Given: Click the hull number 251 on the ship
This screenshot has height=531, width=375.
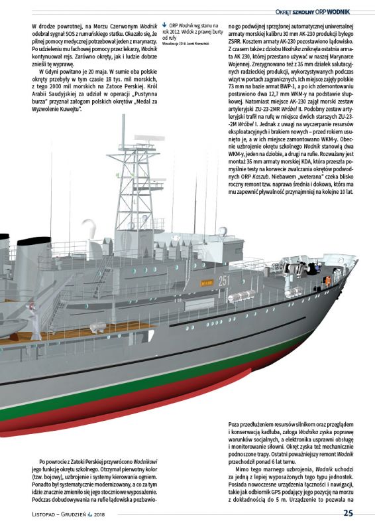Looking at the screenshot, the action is pos(224,281).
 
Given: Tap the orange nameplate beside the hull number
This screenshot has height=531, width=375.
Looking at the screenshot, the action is pos(207,283).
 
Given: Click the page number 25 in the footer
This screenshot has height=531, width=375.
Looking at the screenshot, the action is pos(348,513).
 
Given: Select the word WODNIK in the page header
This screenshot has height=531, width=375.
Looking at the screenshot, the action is pos(338,12).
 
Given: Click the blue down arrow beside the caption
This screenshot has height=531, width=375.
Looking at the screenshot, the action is pos(164,25).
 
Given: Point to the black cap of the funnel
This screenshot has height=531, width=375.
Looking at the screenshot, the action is pos(34,241).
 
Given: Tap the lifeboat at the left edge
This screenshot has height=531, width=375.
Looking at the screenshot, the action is pos(13,327).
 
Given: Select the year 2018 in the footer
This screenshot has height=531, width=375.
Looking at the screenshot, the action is pos(99,514).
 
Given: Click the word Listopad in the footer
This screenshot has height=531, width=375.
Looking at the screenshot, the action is pos(43,514).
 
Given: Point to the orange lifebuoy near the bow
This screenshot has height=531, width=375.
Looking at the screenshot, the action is pos(327,281).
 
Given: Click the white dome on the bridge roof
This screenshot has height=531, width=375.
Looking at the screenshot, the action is pos(222,231).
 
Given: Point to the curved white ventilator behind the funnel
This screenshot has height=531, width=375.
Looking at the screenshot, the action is pos(89,228).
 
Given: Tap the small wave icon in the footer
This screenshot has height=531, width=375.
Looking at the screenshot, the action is pos(90,514).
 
